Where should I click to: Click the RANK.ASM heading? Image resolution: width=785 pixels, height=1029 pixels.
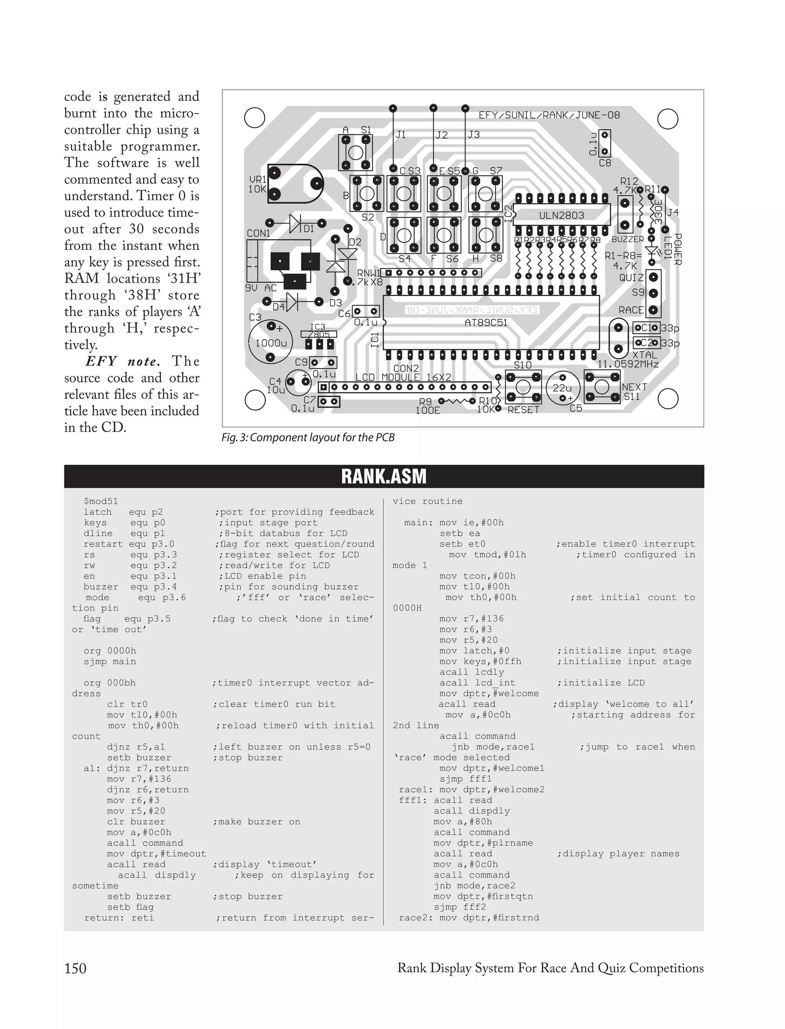click(384, 476)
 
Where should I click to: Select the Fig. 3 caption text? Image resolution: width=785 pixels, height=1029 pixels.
click(308, 437)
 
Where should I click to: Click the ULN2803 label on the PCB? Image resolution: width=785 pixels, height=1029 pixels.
click(561, 215)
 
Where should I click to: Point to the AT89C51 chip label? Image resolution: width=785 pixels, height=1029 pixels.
click(486, 322)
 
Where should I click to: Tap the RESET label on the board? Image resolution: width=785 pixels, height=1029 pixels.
click(523, 410)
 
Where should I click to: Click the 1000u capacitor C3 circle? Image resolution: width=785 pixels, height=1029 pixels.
click(270, 342)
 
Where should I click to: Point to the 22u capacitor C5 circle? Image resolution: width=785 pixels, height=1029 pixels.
click(563, 388)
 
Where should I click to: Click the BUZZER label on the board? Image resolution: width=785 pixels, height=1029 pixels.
click(627, 239)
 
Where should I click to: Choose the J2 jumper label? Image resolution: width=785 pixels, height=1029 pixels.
click(442, 135)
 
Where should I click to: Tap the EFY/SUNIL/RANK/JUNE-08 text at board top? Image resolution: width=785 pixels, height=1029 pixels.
click(549, 115)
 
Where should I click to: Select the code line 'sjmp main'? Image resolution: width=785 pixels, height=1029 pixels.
click(110, 662)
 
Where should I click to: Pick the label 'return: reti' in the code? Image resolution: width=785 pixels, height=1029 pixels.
click(119, 918)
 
